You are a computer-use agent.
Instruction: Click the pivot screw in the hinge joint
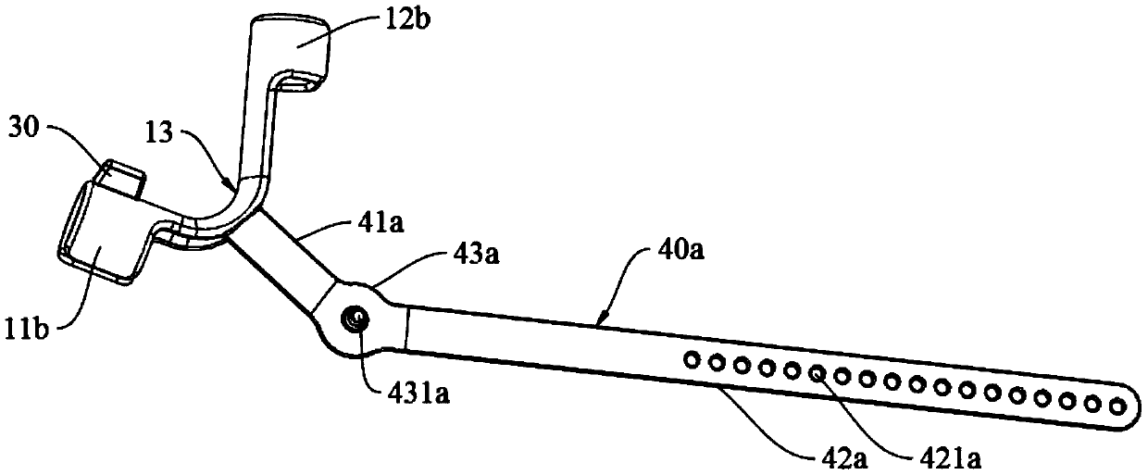356,319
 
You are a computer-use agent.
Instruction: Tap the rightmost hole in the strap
1117,404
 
